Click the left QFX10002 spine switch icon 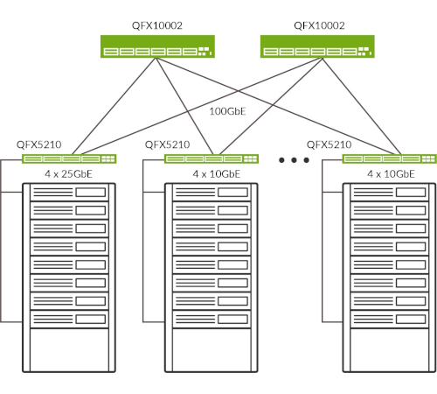[157, 46]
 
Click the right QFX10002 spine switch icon [317, 46]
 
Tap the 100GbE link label [227, 111]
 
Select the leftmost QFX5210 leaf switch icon [69, 158]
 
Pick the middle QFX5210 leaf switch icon [212, 158]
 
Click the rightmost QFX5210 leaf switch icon [390, 158]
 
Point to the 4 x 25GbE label [68, 174]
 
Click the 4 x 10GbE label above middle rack [217, 174]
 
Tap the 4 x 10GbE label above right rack [391, 174]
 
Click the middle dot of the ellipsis [294, 160]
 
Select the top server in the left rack [69, 193]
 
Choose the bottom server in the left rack [69, 319]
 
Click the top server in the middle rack [212, 193]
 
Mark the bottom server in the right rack [390, 319]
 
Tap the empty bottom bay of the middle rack [212, 350]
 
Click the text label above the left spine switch [157, 25]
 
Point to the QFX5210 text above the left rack [39, 144]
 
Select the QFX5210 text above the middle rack [168, 144]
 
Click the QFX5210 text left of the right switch [329, 144]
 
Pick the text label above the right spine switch [319, 25]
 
